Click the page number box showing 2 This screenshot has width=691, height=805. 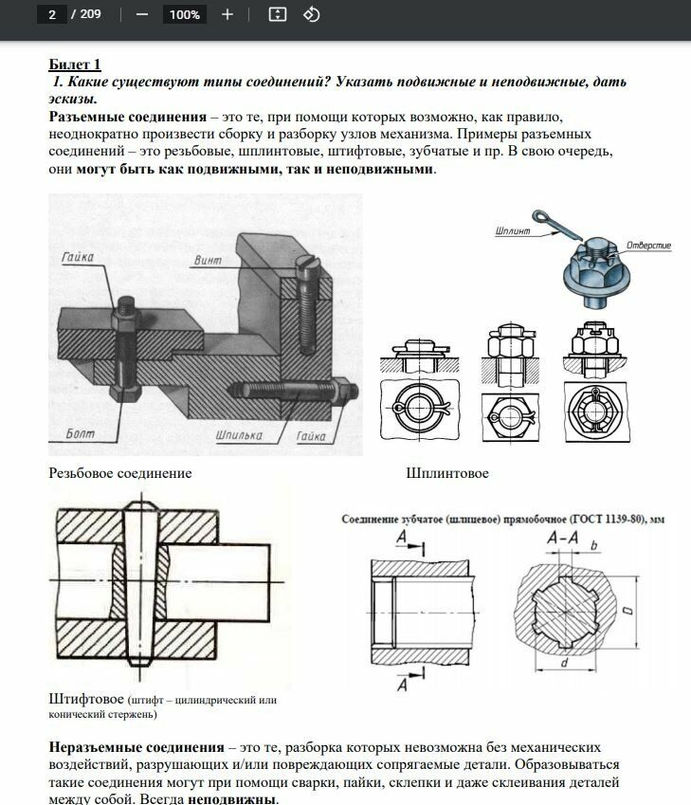tap(51, 14)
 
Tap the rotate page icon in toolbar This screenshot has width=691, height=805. tap(311, 14)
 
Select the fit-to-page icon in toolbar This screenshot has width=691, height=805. tap(277, 14)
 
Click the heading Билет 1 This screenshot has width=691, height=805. tap(75, 64)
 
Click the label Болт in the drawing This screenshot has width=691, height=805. tap(81, 433)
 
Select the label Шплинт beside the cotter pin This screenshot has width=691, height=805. tap(513, 229)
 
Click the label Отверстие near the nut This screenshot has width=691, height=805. tap(648, 246)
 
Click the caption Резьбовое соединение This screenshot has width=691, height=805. tap(119, 472)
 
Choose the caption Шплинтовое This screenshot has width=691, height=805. tap(447, 472)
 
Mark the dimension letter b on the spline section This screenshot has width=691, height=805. tap(593, 545)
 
